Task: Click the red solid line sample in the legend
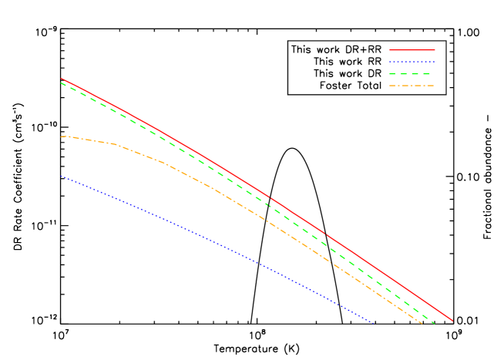[x=412, y=49]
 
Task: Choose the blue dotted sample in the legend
[x=412, y=62]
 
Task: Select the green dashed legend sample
[x=412, y=73]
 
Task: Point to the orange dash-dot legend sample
[x=412, y=86]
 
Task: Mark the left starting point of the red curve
[x=61, y=79]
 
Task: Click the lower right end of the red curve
[x=452, y=321]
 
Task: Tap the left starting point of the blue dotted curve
[x=61, y=177]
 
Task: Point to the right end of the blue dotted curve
[x=373, y=323]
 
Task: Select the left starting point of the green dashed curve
[x=61, y=82]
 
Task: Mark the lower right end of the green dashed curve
[x=435, y=323]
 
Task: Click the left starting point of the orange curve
[x=61, y=137]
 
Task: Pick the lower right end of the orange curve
[x=422, y=323]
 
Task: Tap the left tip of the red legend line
[x=390, y=49]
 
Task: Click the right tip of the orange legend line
[x=434, y=86]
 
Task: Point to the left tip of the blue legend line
[x=390, y=62]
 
